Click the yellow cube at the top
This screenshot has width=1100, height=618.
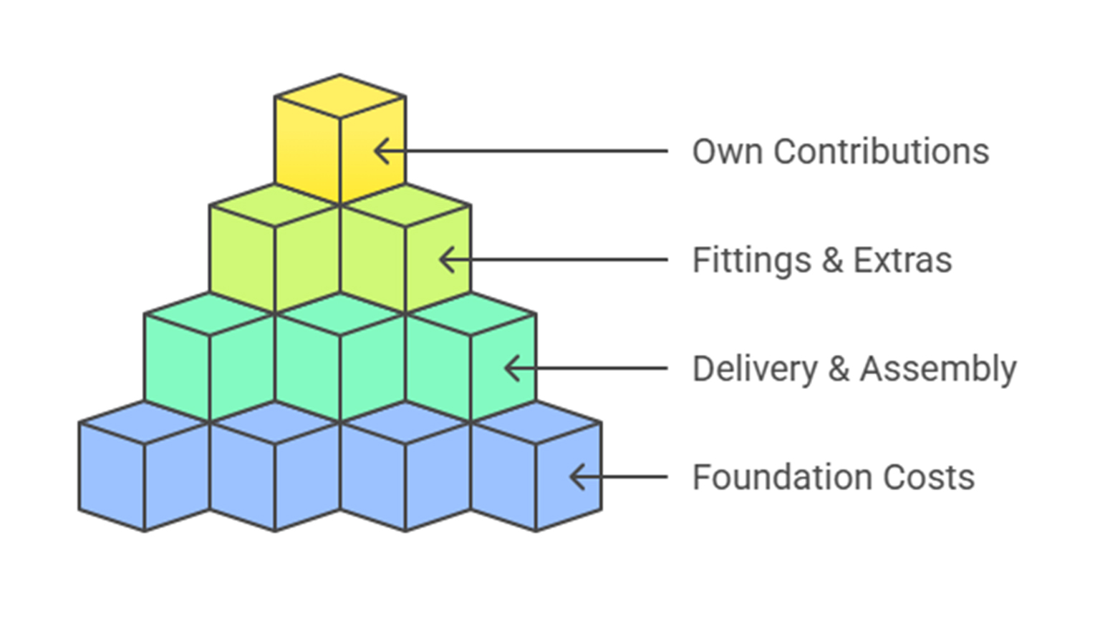(340, 143)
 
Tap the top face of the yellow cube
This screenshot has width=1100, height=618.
(340, 96)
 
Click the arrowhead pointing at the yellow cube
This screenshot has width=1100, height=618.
(382, 151)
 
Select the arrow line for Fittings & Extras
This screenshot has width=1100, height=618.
(559, 260)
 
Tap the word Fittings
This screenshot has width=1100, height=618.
(751, 260)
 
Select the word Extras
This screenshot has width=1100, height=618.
(902, 260)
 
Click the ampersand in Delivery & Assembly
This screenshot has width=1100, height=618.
(839, 369)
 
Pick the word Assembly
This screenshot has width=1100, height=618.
(938, 370)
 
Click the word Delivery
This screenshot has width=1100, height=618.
(755, 370)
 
